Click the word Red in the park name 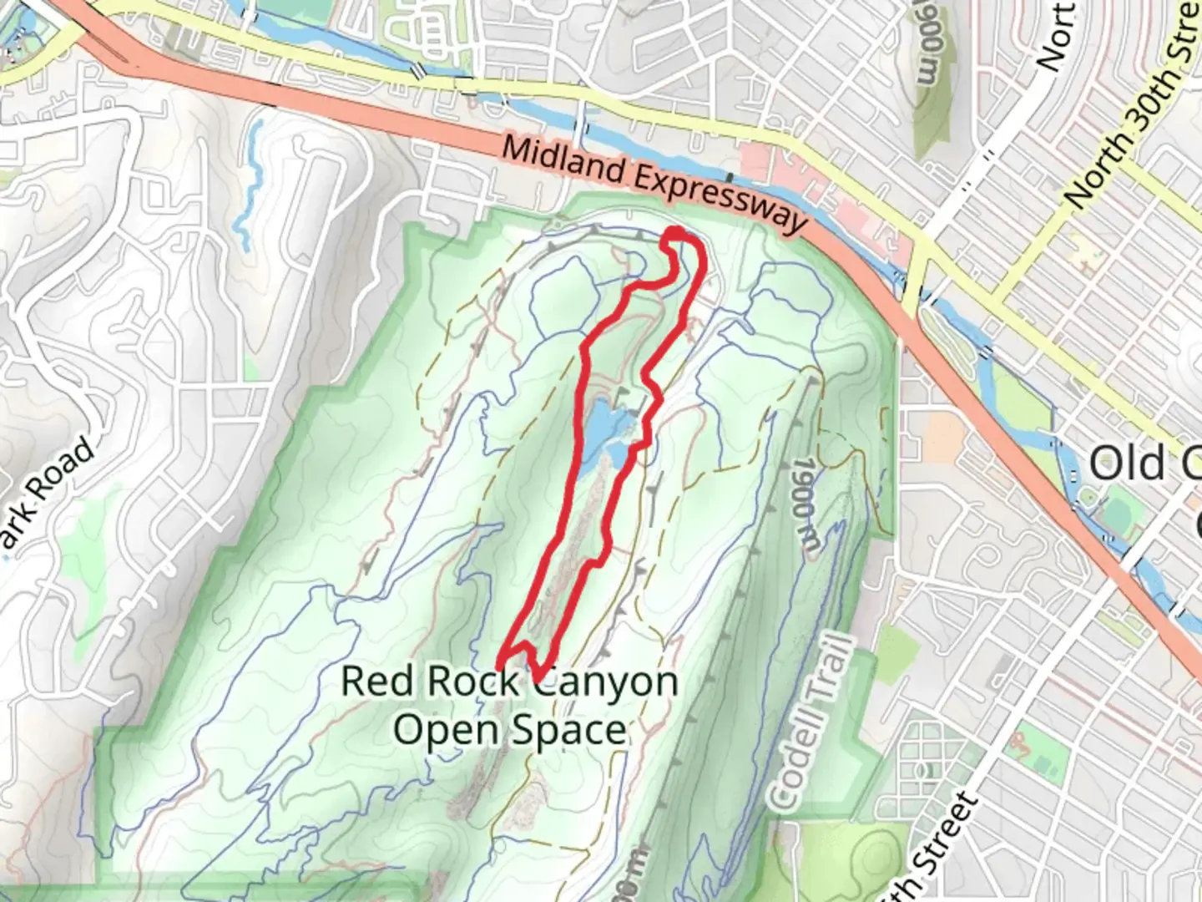[x=376, y=682]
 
